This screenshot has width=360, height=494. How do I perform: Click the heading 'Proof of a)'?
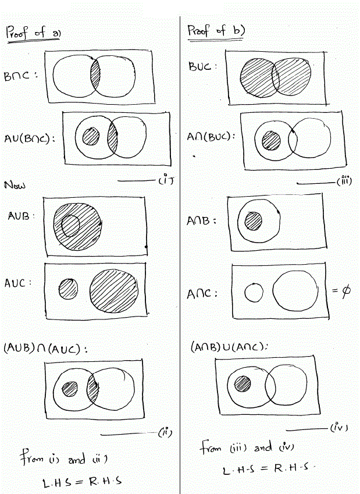point(33,33)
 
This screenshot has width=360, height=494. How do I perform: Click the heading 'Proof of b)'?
point(216,31)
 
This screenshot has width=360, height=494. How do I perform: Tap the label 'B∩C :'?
point(20,76)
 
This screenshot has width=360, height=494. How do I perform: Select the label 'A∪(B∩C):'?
point(29,138)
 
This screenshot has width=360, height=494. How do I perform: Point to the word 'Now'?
point(15,184)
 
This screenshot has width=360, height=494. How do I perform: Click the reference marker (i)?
point(166,180)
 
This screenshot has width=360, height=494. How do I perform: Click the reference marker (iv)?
point(339,428)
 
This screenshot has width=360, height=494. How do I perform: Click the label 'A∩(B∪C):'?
point(211,136)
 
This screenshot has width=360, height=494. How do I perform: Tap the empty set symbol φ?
point(345,290)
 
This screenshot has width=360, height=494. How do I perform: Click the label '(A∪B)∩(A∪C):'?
point(45,348)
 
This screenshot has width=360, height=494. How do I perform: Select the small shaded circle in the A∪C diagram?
point(69,289)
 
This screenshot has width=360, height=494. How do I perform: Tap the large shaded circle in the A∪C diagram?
point(114,291)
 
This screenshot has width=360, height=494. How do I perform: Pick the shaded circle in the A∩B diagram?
point(254,221)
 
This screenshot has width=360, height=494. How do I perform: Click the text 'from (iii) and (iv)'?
point(247,447)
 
